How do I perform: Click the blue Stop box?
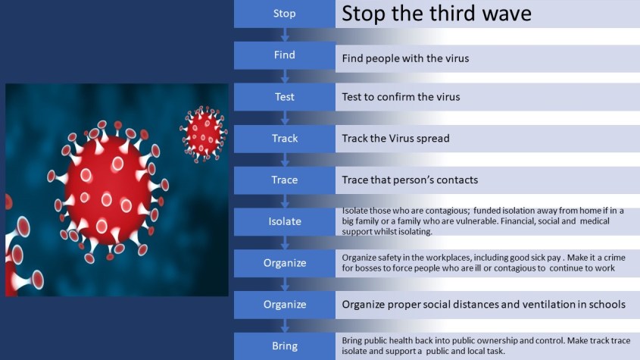click(285, 14)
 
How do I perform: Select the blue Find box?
click(285, 55)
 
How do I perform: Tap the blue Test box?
click(285, 97)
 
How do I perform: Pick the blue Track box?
click(285, 139)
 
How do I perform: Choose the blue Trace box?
click(285, 180)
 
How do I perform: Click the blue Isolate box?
click(285, 221)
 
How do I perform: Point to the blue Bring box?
click(285, 346)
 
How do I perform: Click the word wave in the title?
click(507, 14)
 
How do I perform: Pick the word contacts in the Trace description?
click(457, 180)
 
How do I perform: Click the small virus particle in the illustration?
click(204, 133)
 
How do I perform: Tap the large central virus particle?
click(108, 191)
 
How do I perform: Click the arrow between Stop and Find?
click(285, 35)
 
